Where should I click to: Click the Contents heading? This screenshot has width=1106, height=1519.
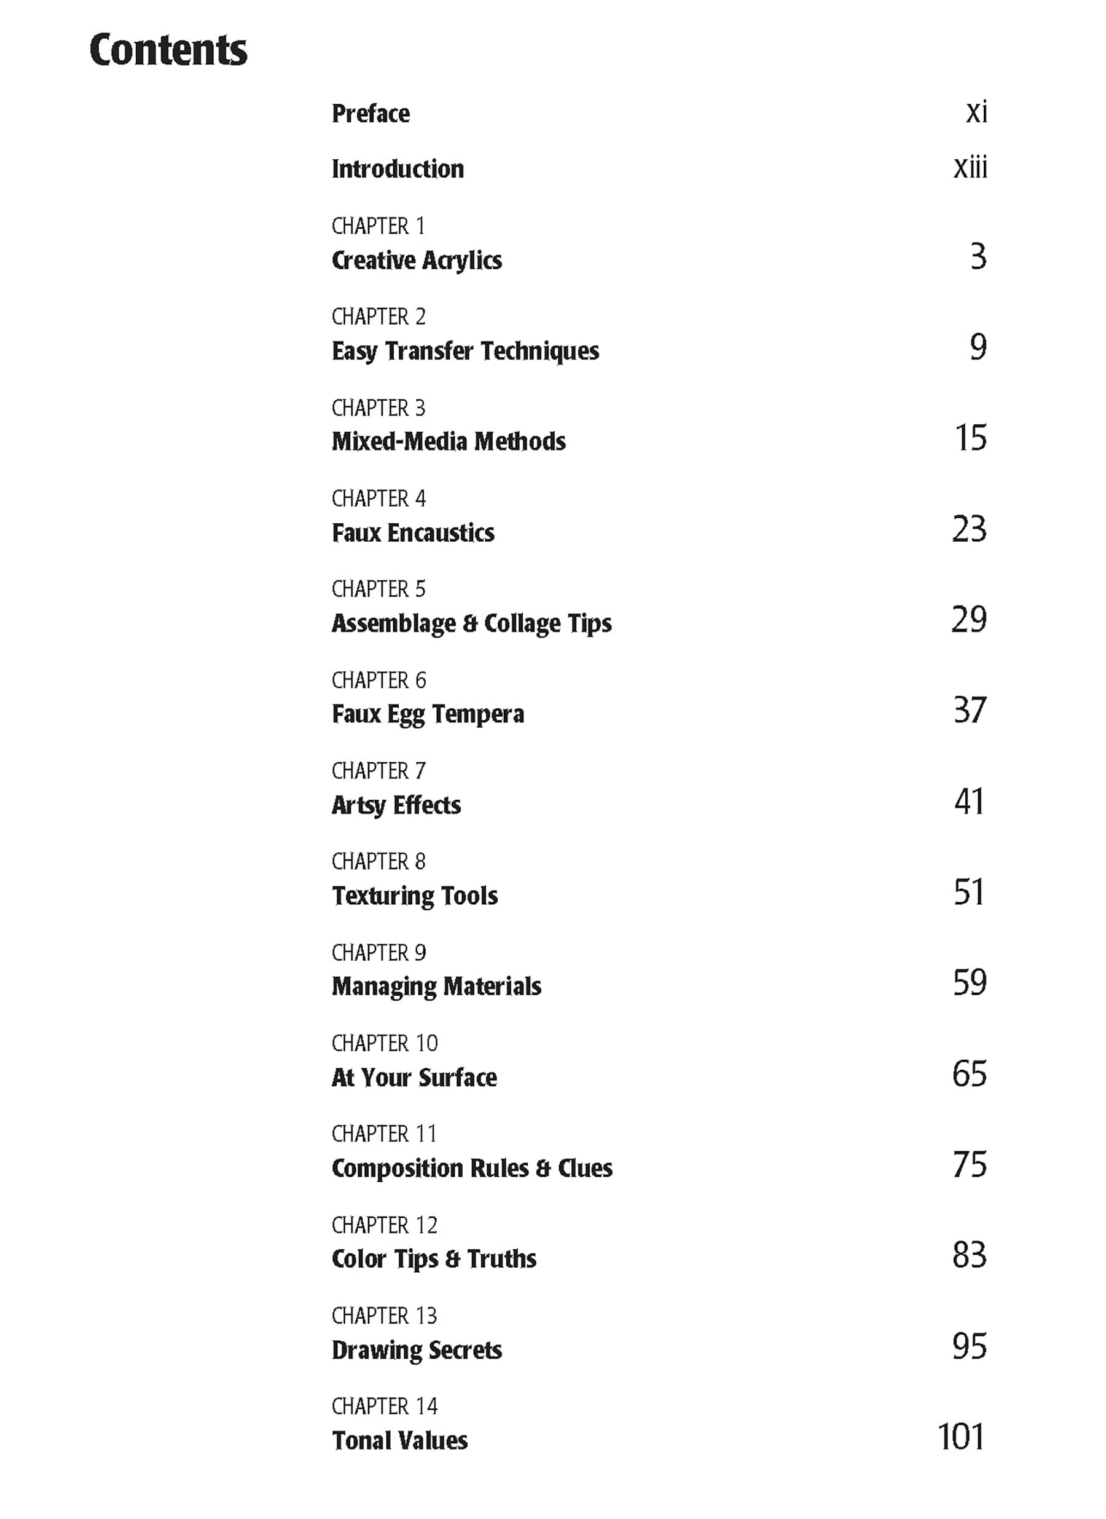click(168, 50)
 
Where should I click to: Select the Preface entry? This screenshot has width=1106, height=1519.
click(371, 113)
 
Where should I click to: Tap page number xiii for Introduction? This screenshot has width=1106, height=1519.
click(970, 167)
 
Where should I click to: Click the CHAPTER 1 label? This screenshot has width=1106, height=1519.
click(378, 226)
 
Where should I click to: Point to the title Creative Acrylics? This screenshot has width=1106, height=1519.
click(417, 260)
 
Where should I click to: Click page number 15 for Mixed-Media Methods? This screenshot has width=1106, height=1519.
click(970, 437)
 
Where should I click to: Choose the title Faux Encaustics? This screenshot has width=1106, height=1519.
click(413, 532)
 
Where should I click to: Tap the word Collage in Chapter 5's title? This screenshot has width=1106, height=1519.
click(522, 623)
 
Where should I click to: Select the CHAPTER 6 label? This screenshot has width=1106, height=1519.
click(378, 680)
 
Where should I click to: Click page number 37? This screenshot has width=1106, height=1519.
click(970, 710)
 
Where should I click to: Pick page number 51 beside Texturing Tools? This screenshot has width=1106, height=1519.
click(970, 891)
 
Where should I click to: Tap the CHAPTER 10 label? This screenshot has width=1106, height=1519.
click(384, 1043)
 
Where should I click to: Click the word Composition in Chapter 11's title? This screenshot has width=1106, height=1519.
click(397, 1168)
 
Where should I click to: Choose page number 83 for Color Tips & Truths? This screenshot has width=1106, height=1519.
click(970, 1255)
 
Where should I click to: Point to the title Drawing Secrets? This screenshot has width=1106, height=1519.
click(417, 1349)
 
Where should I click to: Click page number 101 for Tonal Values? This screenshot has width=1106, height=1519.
click(962, 1437)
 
